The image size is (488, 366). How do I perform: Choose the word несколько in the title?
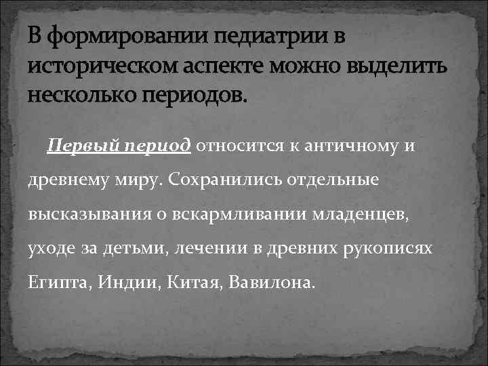coord(80,94)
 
